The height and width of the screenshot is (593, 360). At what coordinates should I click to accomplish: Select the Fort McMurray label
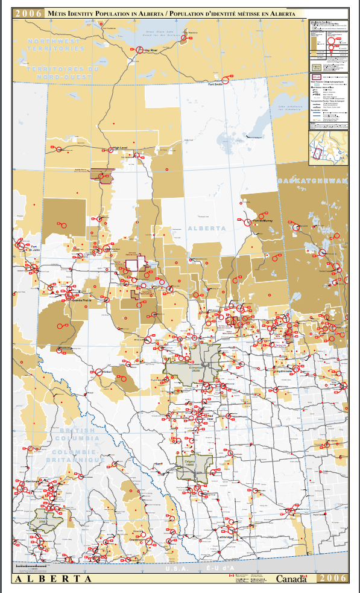click(x=263, y=221)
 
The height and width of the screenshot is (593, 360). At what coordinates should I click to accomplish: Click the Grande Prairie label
click(x=82, y=299)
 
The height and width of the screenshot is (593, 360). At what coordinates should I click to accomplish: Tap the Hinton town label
click(x=107, y=372)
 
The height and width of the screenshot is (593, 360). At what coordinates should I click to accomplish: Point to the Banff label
click(x=159, y=463)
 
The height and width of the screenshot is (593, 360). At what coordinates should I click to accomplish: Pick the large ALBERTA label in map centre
click(x=206, y=229)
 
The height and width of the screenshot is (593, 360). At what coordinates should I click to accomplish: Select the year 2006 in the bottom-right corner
click(x=333, y=578)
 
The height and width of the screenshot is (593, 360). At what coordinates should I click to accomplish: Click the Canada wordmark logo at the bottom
click(x=292, y=578)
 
